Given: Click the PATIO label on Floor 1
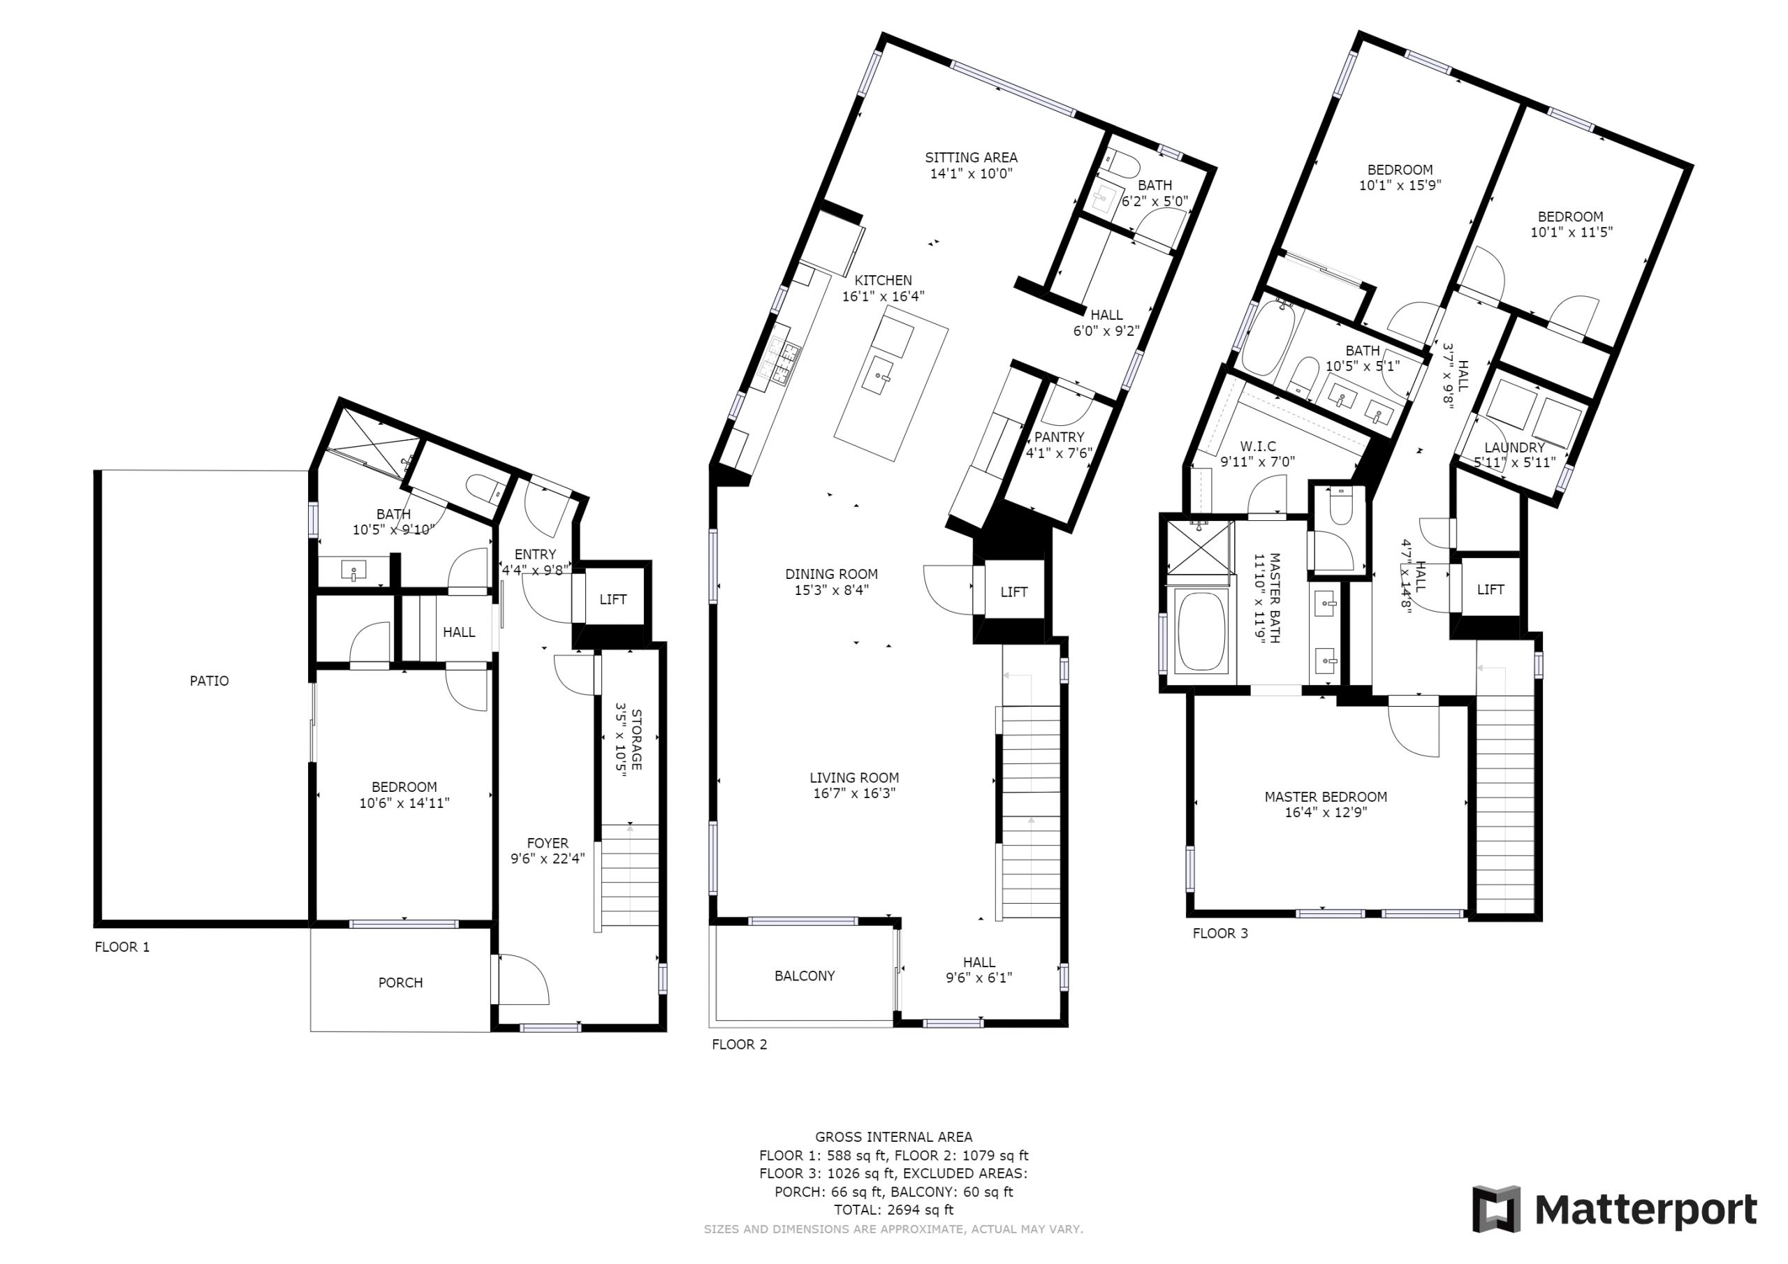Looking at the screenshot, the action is tap(210, 682).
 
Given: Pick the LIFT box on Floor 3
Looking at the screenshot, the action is tap(1490, 589).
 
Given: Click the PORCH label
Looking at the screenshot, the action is tap(400, 983).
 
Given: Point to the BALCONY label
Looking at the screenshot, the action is tap(805, 976).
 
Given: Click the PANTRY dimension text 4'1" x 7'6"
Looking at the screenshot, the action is tap(1059, 453).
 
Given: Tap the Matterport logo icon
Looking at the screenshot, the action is tap(1496, 1209).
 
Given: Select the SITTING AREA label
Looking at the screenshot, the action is tap(971, 157).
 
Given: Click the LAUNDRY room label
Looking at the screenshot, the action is tap(1514, 448).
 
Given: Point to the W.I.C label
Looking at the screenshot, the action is tap(1258, 446).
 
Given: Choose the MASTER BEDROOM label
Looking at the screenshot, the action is tap(1326, 797).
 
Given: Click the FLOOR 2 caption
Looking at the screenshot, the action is tap(739, 1045).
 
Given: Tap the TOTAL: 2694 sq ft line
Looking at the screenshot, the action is tap(893, 1210).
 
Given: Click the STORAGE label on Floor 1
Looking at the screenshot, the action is tap(636, 740).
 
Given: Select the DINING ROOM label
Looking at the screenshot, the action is tap(831, 575).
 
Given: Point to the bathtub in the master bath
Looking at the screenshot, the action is tap(1201, 631).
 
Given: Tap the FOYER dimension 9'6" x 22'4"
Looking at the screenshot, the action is tap(548, 859).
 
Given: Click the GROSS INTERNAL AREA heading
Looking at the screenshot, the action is tap(893, 1137).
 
